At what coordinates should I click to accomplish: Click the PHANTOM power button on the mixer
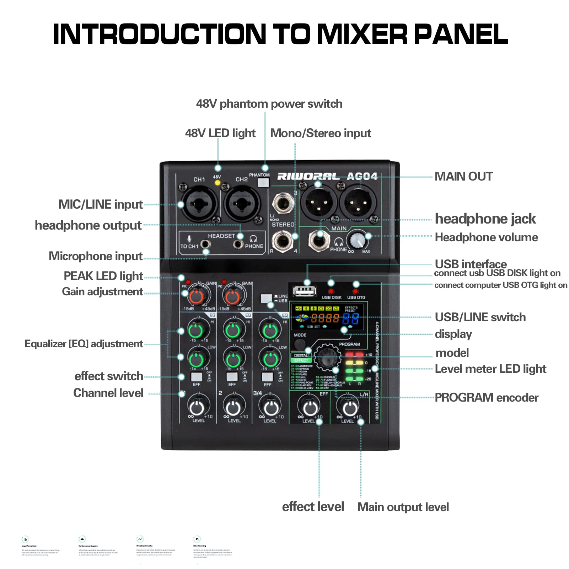(263, 183)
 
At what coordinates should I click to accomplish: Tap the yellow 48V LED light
(218, 183)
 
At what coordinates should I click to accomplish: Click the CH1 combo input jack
(199, 205)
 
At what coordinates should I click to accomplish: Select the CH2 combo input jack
(242, 205)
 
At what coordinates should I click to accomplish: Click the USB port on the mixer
(304, 291)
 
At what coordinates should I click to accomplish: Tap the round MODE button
(299, 344)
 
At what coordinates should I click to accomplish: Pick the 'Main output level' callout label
(403, 507)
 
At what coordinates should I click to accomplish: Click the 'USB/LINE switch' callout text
(480, 317)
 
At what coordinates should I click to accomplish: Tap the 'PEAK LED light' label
(103, 276)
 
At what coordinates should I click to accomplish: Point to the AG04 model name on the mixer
(362, 176)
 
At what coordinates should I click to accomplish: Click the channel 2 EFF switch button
(232, 377)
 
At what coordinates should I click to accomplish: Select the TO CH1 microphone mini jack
(205, 245)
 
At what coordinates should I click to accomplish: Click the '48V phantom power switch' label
(269, 104)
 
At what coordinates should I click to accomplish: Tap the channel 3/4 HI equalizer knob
(270, 331)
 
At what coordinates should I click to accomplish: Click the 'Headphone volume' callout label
(486, 237)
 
